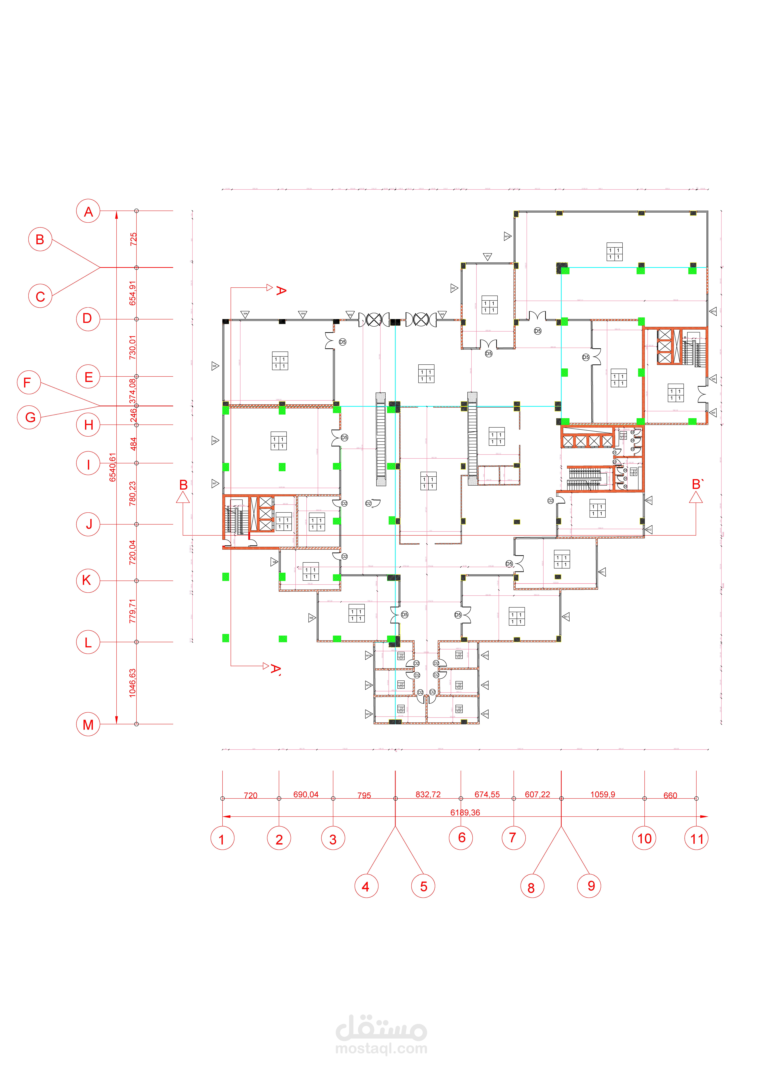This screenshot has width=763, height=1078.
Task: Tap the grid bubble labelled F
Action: click(x=29, y=383)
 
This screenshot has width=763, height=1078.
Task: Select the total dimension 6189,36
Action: click(x=465, y=812)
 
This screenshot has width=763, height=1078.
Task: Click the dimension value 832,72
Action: click(x=428, y=794)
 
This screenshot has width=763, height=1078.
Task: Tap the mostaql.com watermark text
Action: click(x=381, y=1048)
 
